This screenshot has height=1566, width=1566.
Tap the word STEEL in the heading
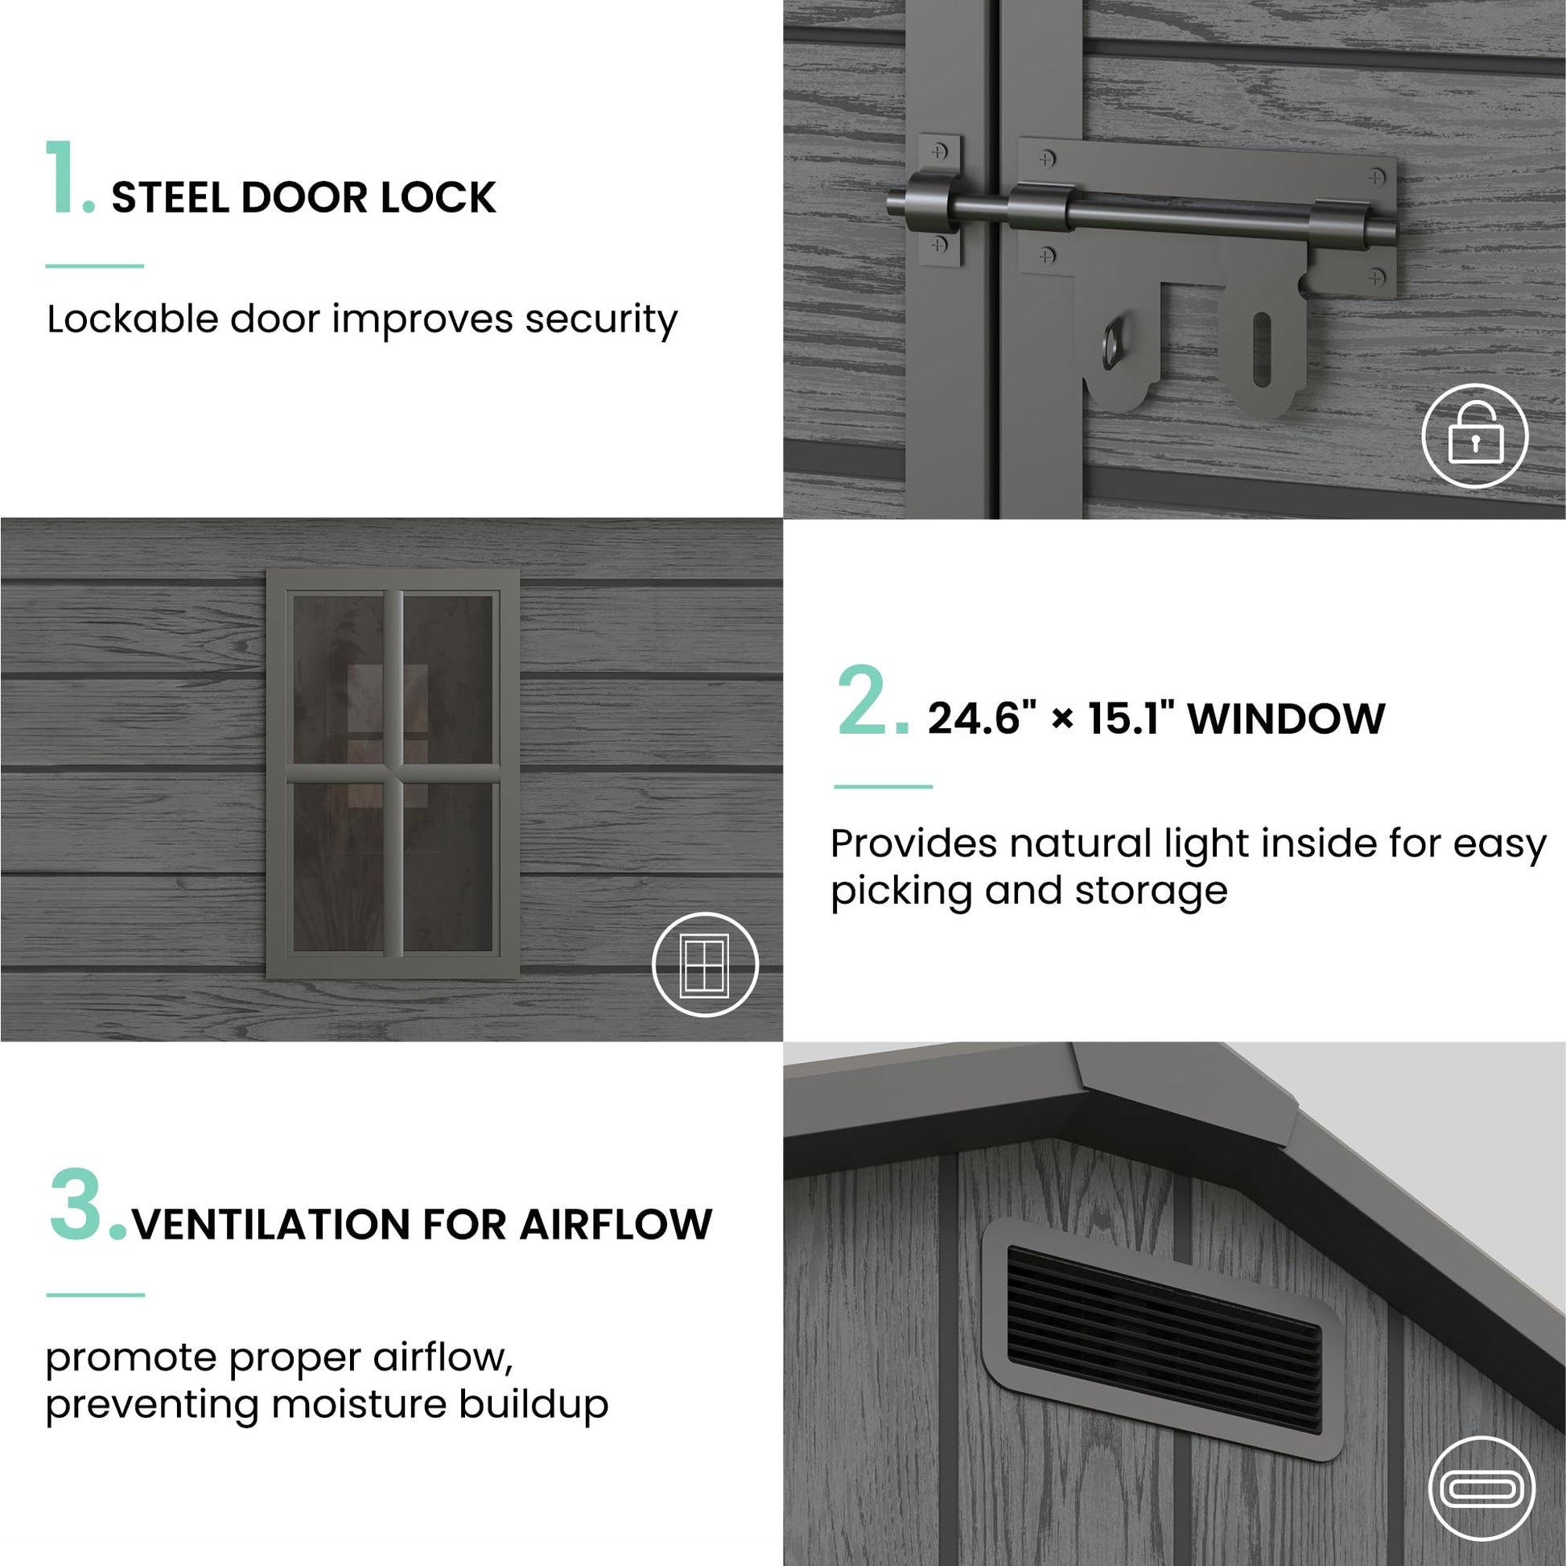point(170,198)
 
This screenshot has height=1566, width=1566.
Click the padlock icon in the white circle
point(1475,436)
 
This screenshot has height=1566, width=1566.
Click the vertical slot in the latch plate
point(1262,349)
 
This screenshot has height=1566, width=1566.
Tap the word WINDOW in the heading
point(1286,719)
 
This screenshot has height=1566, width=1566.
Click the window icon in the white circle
point(705,965)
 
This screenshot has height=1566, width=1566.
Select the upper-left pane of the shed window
point(338,679)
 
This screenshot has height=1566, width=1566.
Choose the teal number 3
point(78,1205)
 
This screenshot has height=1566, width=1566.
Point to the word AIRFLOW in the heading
point(616,1225)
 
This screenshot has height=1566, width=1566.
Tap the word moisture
point(359,1405)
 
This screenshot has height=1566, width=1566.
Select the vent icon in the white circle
point(1482,1489)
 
